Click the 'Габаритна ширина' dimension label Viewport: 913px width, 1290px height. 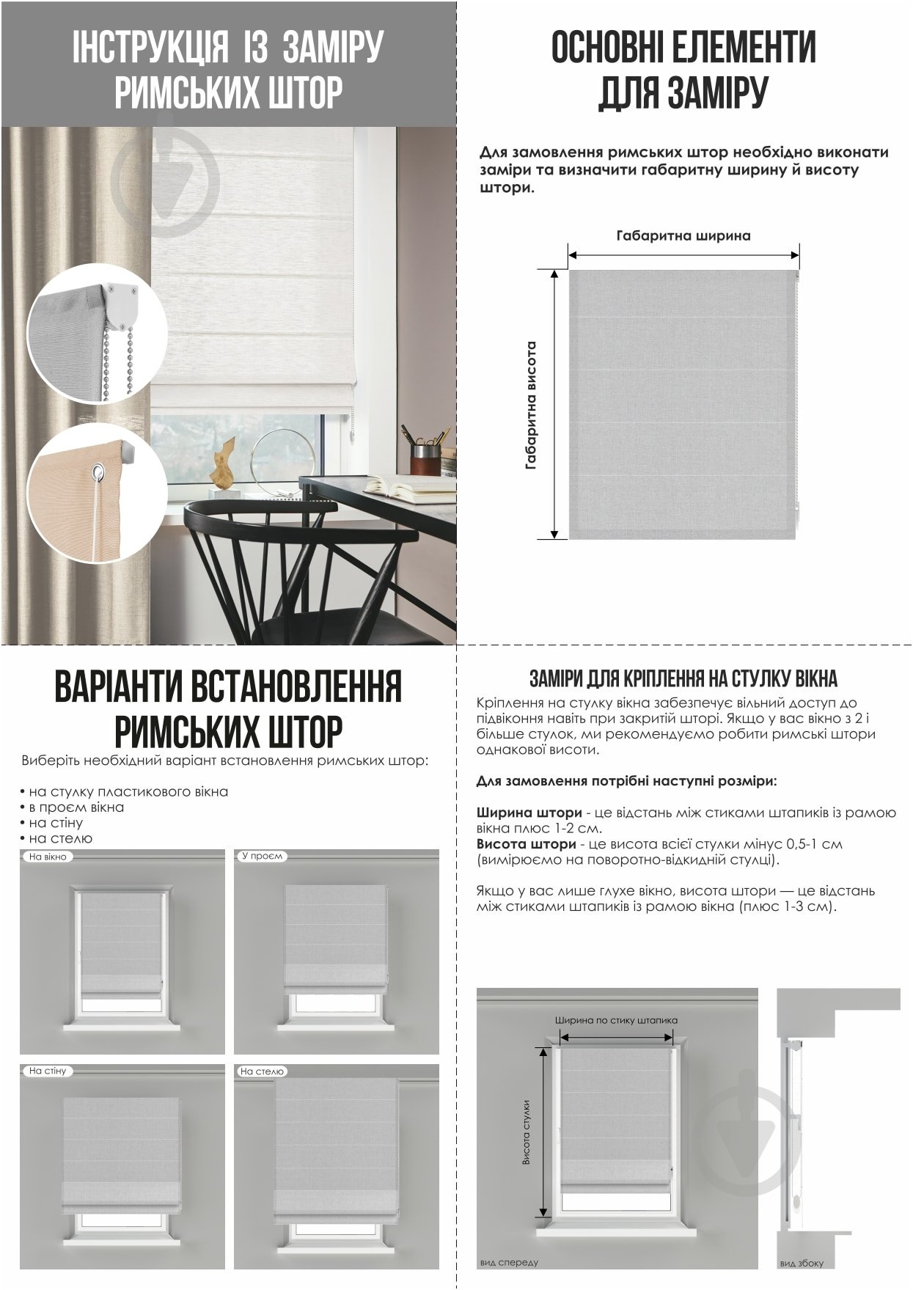[683, 236]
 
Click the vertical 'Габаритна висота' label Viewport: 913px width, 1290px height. [531, 405]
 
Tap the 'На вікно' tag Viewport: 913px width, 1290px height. [48, 857]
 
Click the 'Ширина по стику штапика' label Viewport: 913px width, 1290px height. [616, 1020]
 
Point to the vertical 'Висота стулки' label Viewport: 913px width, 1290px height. [526, 1133]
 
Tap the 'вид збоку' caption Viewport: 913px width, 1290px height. [802, 1263]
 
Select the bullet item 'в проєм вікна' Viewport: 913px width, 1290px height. [76, 807]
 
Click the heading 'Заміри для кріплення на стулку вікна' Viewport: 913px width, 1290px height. [683, 678]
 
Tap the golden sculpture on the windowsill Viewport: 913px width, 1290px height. [222, 466]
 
